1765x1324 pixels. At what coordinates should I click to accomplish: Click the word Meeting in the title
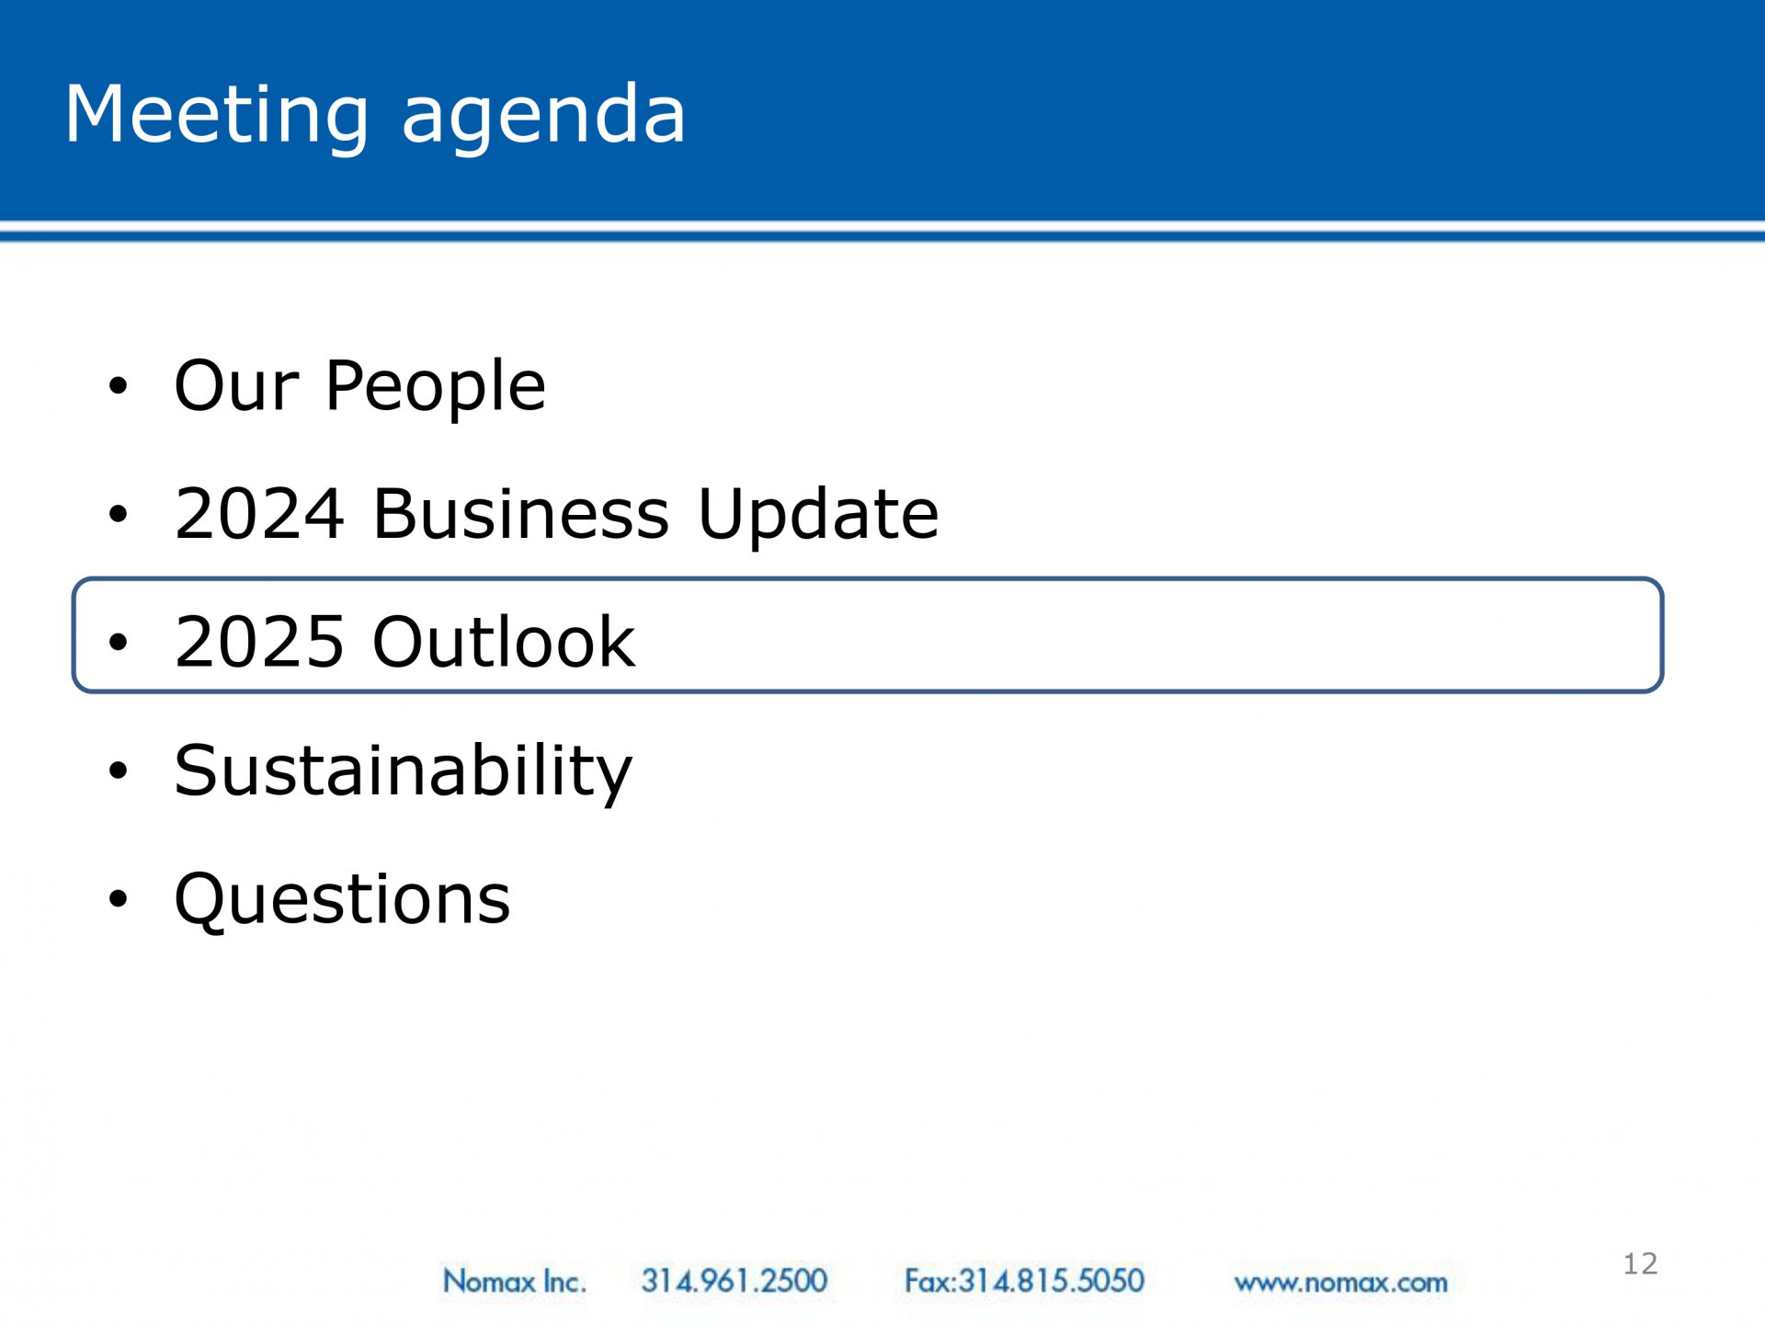(x=217, y=115)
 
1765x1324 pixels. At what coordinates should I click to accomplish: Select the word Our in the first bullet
(x=236, y=385)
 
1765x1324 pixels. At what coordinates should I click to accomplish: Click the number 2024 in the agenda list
(x=260, y=513)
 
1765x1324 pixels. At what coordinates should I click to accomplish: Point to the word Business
(x=521, y=513)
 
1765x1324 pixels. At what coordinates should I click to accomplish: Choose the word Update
(x=818, y=516)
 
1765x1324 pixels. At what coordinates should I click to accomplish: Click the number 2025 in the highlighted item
(x=260, y=641)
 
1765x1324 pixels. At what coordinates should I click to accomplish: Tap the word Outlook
(x=504, y=641)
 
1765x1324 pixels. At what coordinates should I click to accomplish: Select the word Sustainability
(x=404, y=772)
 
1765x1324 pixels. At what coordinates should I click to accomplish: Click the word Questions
(x=342, y=898)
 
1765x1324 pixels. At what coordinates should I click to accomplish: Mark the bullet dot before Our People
(x=118, y=386)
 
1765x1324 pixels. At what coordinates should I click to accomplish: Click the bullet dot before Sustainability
(x=118, y=770)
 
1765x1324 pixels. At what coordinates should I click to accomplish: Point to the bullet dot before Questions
(x=118, y=898)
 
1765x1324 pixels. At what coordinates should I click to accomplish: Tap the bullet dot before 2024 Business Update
(x=118, y=514)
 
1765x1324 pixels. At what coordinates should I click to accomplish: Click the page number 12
(x=1640, y=1263)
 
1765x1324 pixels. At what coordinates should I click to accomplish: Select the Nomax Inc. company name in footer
(x=514, y=1280)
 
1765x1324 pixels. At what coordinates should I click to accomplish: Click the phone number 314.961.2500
(x=734, y=1280)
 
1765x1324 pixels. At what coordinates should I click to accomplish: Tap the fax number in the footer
(x=1024, y=1280)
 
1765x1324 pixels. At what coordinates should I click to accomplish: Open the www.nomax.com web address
(x=1340, y=1283)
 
